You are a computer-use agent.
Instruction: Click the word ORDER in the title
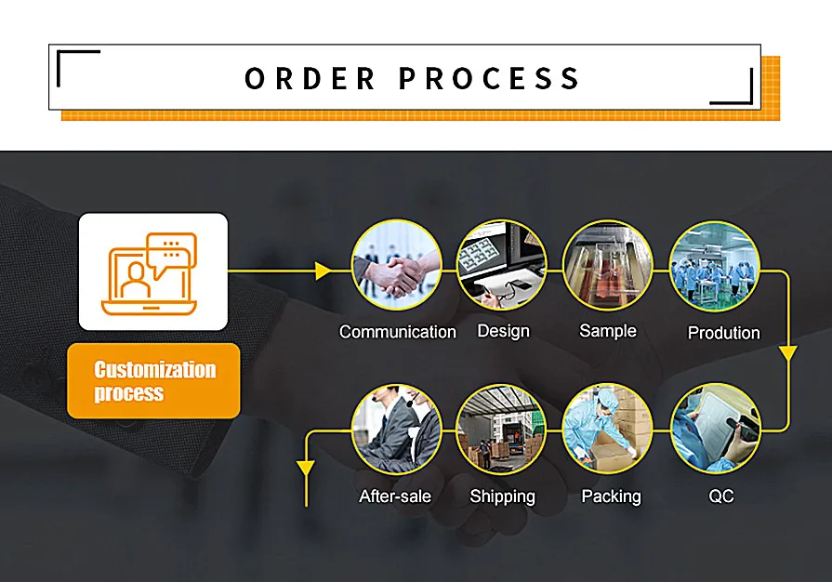(310, 78)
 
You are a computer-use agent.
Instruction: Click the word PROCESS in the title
(489, 78)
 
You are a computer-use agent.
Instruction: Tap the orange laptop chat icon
(150, 273)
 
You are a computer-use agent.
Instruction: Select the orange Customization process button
(154, 381)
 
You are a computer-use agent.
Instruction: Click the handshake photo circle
(397, 265)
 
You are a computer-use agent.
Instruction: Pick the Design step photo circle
(502, 265)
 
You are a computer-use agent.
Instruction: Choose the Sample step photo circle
(608, 265)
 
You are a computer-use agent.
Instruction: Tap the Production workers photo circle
(715, 266)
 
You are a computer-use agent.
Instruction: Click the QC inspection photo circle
(716, 429)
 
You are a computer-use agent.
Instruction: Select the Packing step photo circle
(608, 429)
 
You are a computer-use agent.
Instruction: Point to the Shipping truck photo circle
(501, 430)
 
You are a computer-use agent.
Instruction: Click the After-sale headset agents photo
(397, 430)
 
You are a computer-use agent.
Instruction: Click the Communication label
(398, 332)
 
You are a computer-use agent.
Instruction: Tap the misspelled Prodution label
(724, 333)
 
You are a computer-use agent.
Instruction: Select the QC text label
(721, 496)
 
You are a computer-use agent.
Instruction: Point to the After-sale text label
(395, 496)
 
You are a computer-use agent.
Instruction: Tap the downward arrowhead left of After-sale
(306, 469)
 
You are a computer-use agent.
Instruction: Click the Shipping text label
(503, 496)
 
